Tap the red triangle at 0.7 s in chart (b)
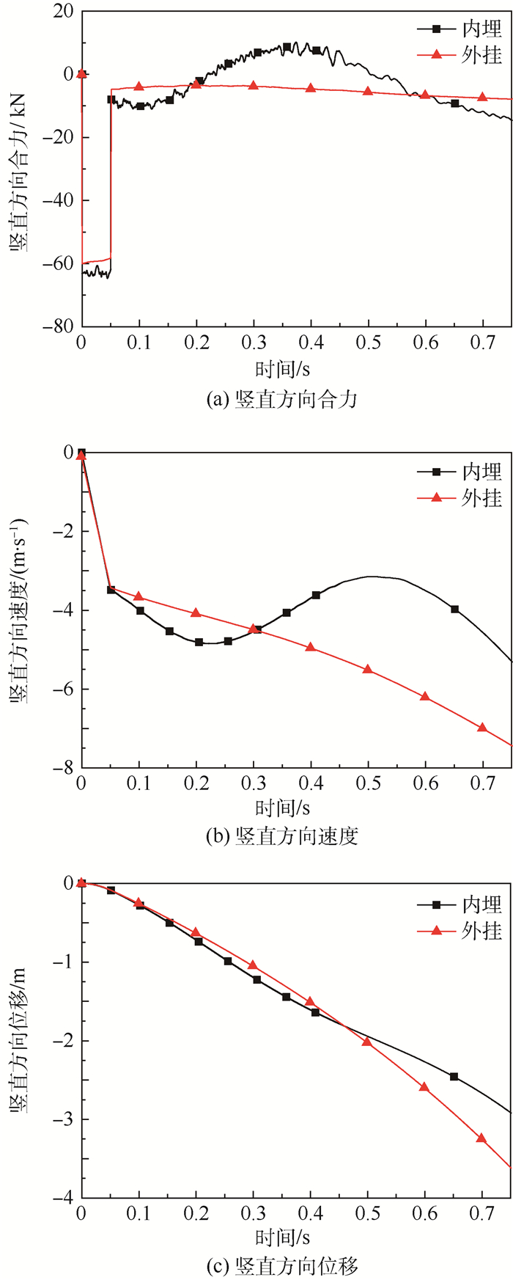pyautogui.click(x=482, y=727)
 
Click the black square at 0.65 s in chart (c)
pyautogui.click(x=454, y=1077)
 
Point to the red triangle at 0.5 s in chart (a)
pyautogui.click(x=368, y=91)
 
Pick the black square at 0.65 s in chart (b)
pyautogui.click(x=454, y=609)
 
